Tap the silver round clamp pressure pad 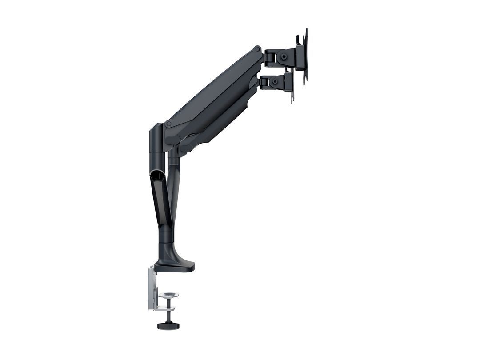tap(169, 295)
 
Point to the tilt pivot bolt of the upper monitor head tap(282, 57)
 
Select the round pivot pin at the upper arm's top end tap(257, 48)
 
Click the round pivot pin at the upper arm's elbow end tap(168, 124)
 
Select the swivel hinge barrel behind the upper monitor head tap(268, 57)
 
